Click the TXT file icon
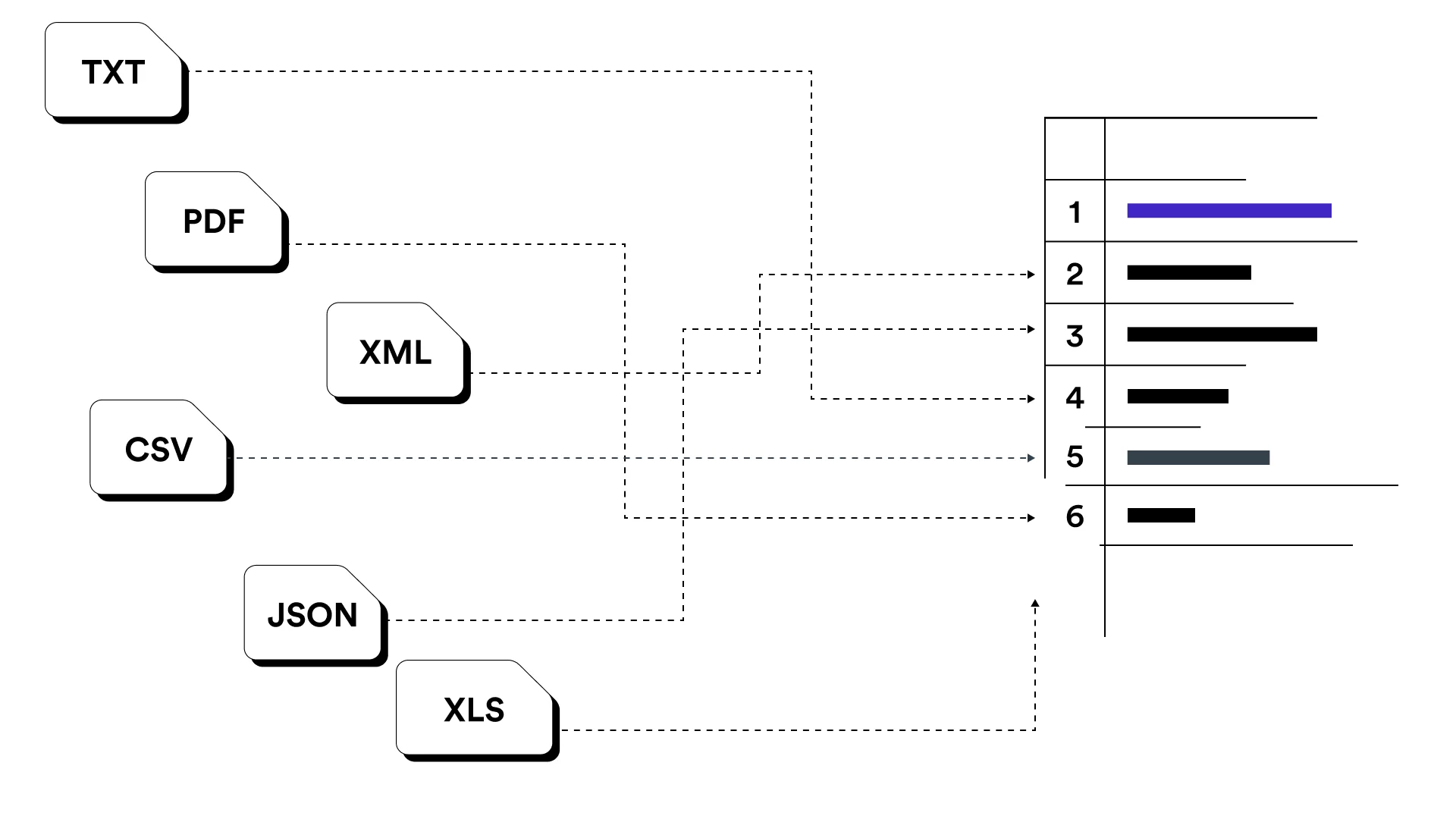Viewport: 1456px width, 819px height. [x=114, y=72]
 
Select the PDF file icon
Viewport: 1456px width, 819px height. [x=215, y=221]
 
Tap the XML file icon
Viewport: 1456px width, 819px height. [x=396, y=352]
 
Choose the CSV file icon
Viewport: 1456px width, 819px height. [x=158, y=449]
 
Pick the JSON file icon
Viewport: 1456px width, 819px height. [x=312, y=614]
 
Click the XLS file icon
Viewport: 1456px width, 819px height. [x=474, y=710]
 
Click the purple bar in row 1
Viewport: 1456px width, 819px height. [x=1228, y=211]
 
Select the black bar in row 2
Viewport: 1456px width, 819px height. [x=1188, y=273]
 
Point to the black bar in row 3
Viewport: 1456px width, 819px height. [x=1222, y=334]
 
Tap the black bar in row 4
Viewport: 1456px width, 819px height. [x=1177, y=396]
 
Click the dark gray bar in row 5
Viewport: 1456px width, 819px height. [x=1198, y=457]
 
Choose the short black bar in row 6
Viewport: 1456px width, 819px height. [x=1161, y=516]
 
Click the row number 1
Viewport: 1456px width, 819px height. [x=1075, y=212]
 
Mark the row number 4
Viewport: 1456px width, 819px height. [x=1075, y=397]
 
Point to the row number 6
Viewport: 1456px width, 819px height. [x=1075, y=516]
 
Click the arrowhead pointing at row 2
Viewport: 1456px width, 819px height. [x=1031, y=275]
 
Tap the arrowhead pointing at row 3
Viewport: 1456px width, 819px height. [x=1031, y=329]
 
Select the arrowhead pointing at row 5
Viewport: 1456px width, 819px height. [x=1031, y=458]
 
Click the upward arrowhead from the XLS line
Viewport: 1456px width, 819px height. [x=1035, y=604]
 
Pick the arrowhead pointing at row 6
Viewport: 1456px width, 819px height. [x=1031, y=518]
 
